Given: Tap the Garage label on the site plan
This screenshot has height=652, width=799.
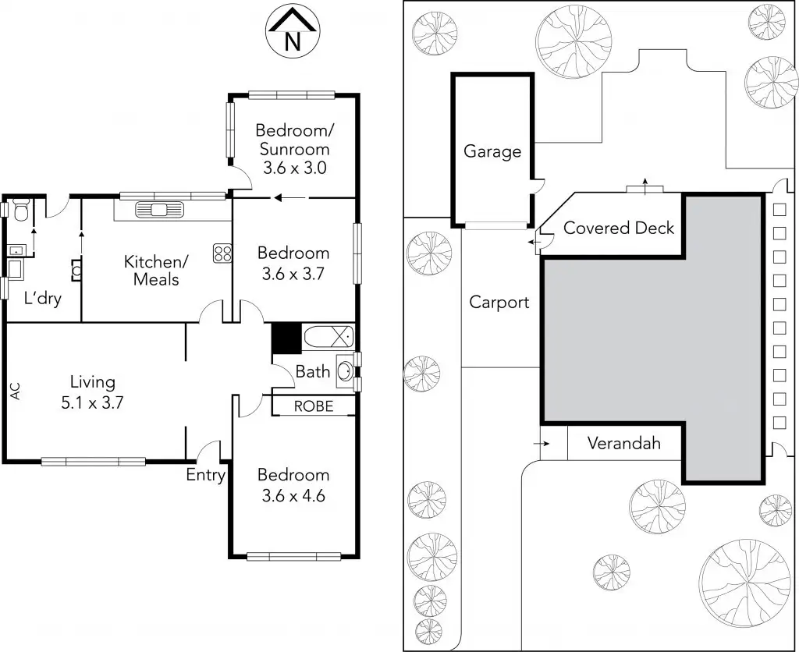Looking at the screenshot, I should click(x=492, y=151).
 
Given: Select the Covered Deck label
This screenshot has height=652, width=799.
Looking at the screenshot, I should click(x=619, y=228).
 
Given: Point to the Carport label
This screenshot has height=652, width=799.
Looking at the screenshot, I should click(x=499, y=303).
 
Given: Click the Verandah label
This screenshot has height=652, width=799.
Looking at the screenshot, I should click(x=624, y=444).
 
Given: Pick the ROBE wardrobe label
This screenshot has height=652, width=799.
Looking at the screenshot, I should click(x=314, y=406).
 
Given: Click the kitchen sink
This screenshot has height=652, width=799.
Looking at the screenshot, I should click(x=159, y=209).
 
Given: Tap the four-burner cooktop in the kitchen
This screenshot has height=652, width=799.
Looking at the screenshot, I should click(x=223, y=253).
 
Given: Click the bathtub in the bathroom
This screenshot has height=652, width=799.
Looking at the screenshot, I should click(x=328, y=338).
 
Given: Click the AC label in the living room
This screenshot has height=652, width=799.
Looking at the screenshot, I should click(x=15, y=391).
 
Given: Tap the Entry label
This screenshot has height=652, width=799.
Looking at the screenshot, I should click(x=206, y=474).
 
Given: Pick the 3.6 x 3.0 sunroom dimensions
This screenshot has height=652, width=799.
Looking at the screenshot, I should click(x=293, y=167).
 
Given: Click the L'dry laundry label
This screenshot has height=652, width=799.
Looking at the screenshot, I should click(x=43, y=298).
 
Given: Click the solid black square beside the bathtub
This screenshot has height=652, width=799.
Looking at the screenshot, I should click(x=286, y=338).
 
